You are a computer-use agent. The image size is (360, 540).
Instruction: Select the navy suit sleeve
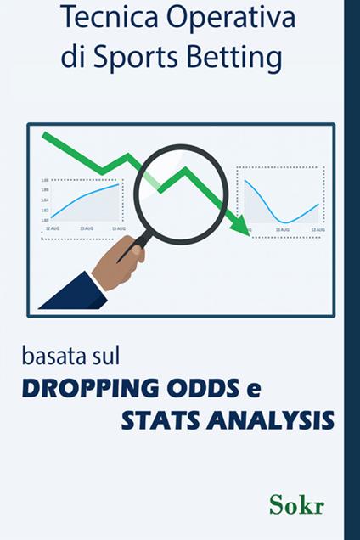71,293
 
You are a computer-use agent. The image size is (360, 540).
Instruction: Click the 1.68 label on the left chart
43,181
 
